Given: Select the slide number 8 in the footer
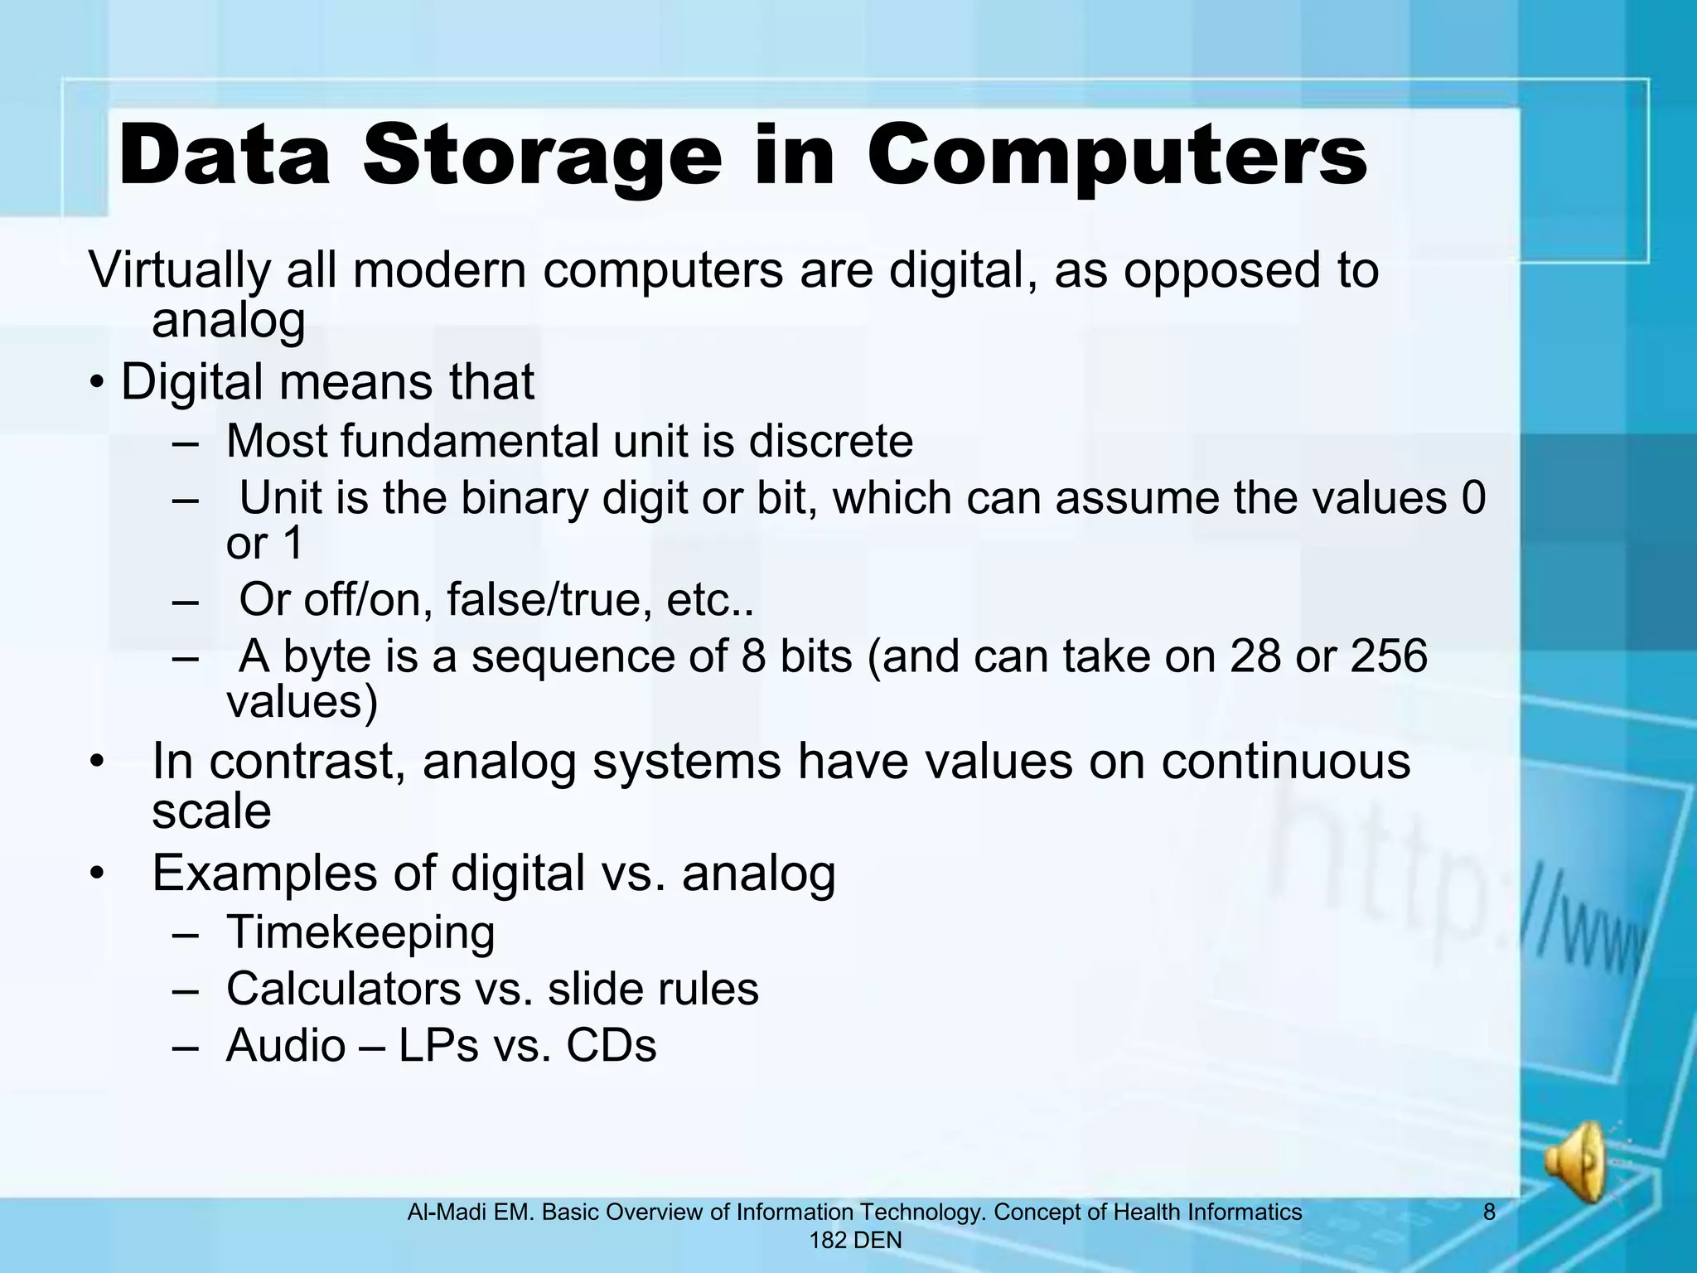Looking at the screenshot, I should (1489, 1212).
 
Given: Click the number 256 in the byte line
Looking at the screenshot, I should (1390, 656).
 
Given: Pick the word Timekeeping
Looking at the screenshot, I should (360, 932).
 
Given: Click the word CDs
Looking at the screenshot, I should (612, 1045).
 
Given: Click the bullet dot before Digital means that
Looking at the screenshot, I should (98, 384).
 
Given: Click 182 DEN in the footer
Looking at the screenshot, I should (855, 1241).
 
